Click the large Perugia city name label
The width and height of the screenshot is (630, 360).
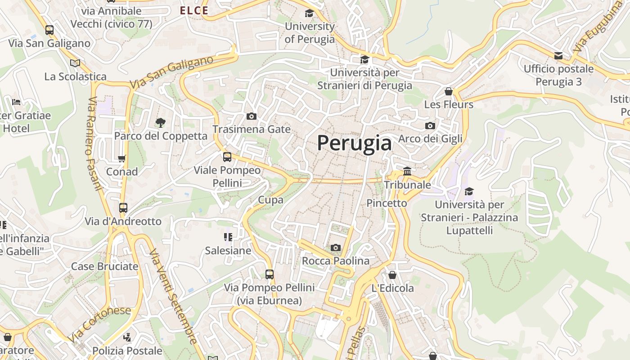pos(354,143)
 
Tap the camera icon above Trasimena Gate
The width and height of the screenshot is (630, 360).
pos(252,117)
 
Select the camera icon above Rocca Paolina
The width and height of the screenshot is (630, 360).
pos(335,247)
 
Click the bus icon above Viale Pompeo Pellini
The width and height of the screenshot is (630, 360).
pos(227,157)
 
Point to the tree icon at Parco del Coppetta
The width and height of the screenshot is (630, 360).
pos(160,122)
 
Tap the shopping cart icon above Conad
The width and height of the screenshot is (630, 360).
pos(121,158)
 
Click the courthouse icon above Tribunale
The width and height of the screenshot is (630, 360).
pos(407,171)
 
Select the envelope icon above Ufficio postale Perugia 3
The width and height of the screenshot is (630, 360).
pos(558,56)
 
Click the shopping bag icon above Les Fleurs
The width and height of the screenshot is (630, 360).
pos(448,91)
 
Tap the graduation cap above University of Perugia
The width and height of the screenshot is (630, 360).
pos(309,13)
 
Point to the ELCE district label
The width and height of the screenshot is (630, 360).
pos(194,10)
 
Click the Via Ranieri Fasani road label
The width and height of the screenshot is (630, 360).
pos(94,144)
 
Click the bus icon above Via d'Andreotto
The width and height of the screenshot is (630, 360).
pos(123,208)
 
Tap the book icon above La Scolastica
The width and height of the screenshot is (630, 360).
pos(75,63)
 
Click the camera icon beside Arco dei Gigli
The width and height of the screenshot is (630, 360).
pos(430,126)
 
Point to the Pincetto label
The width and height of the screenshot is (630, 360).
pos(387,203)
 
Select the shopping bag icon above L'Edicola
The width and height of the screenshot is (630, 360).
pos(392,274)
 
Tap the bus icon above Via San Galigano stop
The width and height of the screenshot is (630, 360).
pos(49,30)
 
